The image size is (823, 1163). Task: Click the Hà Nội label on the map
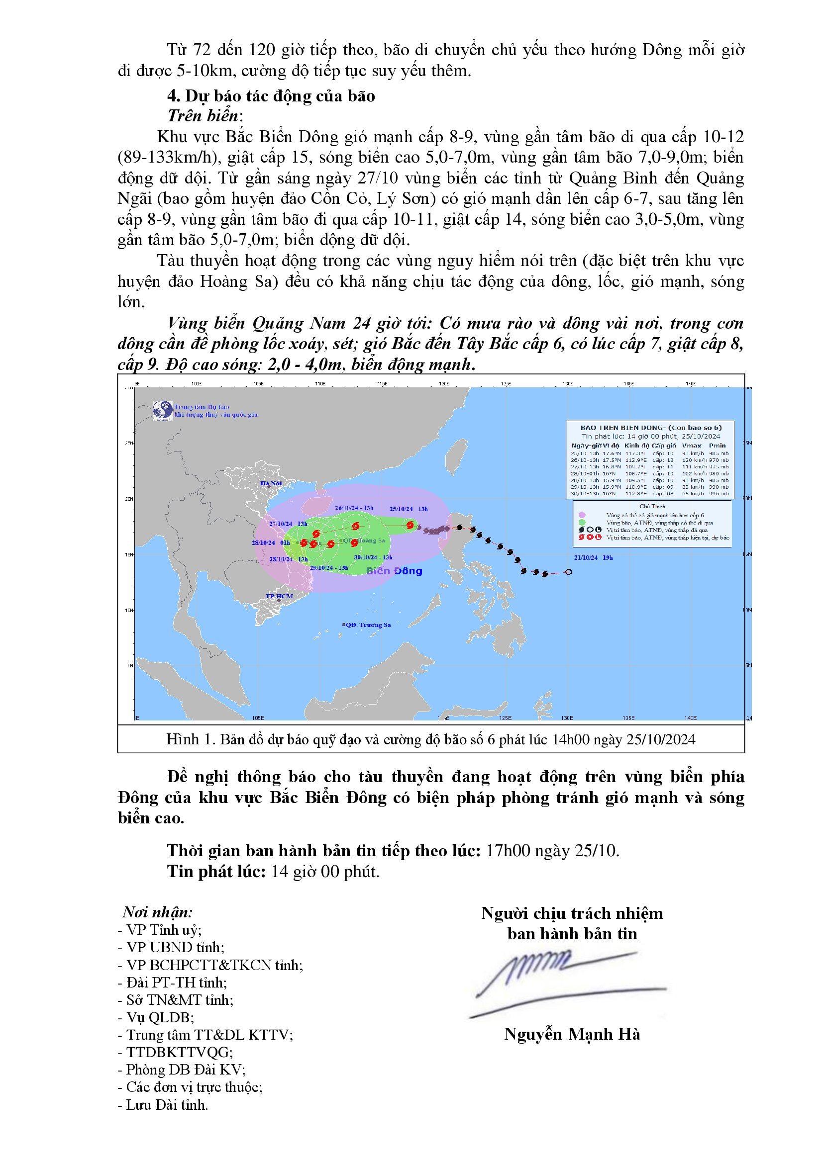pos(271,483)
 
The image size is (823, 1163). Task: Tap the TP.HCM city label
pos(279,596)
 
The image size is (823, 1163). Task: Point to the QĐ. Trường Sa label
pos(367,625)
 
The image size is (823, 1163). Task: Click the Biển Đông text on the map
pos(394,571)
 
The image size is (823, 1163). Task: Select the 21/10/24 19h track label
pos(594,557)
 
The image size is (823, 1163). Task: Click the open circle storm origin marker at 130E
pos(568,571)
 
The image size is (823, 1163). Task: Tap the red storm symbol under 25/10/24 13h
pos(410,525)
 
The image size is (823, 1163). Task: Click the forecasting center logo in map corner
pos(163,410)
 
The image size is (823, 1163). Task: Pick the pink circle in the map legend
pos(582,515)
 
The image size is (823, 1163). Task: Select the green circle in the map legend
pos(582,522)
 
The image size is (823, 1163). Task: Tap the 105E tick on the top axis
pos(258,383)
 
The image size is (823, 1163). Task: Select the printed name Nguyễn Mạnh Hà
pos(572,1034)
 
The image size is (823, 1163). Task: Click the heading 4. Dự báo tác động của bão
pos(271,96)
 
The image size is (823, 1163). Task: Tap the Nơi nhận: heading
pos(157,912)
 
